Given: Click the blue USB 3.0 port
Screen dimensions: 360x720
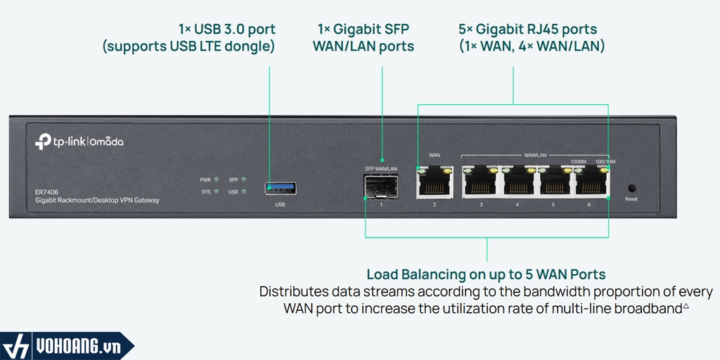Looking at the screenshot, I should [x=281, y=188].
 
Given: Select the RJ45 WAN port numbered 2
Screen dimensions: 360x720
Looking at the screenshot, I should [x=435, y=183].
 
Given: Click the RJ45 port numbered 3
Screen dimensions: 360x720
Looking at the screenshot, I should [x=481, y=183].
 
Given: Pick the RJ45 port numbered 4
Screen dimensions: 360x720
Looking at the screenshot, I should [x=517, y=183].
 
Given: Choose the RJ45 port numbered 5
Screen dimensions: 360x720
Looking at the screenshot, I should [x=553, y=183].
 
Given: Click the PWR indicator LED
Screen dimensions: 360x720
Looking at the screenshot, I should [x=217, y=180].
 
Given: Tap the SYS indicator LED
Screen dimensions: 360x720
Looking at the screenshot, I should [x=217, y=191].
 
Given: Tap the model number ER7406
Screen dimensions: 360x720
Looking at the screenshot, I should [x=46, y=191].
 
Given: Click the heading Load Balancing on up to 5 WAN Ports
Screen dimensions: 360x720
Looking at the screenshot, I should [x=486, y=274].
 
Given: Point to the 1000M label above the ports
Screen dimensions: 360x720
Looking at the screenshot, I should [x=578, y=161].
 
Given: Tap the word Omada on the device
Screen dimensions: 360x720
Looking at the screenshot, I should [x=107, y=142].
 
